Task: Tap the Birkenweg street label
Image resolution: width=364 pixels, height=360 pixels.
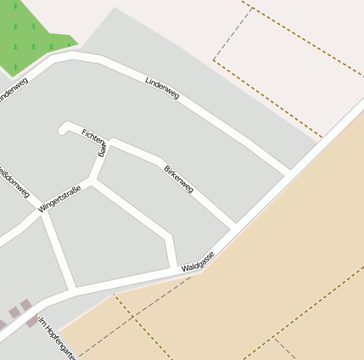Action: [x=178, y=179]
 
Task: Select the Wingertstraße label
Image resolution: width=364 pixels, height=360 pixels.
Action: [x=59, y=198]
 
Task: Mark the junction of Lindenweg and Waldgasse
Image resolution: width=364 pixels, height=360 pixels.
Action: [x=290, y=173]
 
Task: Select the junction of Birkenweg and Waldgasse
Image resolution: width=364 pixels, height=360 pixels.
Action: [x=234, y=227]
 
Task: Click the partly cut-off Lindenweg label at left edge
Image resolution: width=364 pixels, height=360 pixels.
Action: [x=13, y=93]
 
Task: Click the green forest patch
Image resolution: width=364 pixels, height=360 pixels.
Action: [x=34, y=30]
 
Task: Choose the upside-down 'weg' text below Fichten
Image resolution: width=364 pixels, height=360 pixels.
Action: [x=100, y=150]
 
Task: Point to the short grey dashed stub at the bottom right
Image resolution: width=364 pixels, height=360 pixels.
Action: [x=285, y=348]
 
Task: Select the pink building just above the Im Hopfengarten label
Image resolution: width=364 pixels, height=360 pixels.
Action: [x=26, y=307]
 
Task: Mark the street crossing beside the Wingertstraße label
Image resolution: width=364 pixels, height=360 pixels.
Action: [x=43, y=212]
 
